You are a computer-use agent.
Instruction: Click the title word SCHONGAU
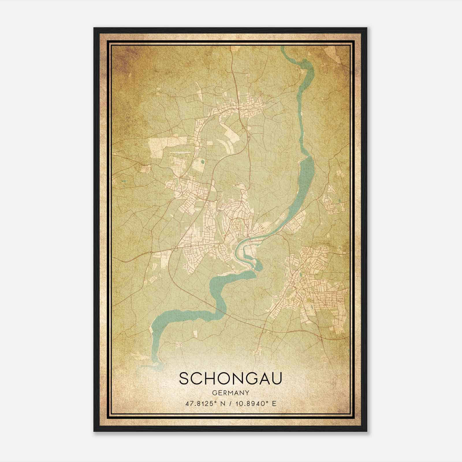coord(230,379)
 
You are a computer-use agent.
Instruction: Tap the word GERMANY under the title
coord(230,393)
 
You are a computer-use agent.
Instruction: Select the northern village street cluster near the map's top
coord(243,108)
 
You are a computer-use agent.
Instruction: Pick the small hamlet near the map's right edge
coord(332,202)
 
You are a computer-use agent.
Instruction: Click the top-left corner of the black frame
coord(94,28)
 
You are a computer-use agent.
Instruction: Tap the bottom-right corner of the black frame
coord(366,431)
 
